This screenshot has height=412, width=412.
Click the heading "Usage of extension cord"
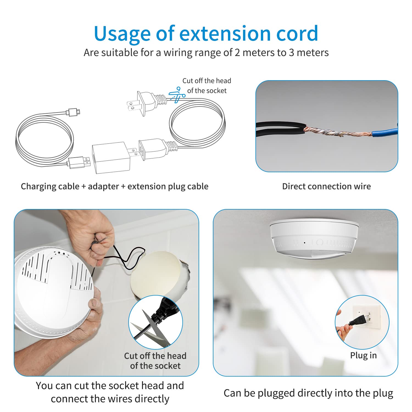click(206, 34)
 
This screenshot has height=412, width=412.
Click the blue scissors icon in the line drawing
click(177, 95)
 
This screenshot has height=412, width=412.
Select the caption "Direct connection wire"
click(326, 186)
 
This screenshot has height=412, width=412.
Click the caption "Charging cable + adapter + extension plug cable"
click(115, 186)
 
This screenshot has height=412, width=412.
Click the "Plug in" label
click(363, 355)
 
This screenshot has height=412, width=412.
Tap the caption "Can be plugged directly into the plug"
click(308, 393)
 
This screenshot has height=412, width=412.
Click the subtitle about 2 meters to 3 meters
click(206, 52)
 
